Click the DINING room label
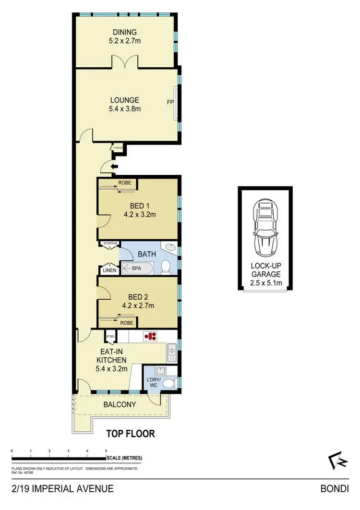click(x=124, y=32)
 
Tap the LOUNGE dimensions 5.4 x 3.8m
click(x=124, y=109)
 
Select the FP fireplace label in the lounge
click(x=170, y=103)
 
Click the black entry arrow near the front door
click(x=113, y=167)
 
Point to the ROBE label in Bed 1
click(x=127, y=182)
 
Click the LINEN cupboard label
click(x=108, y=271)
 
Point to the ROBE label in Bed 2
click(x=127, y=323)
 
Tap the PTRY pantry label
click(x=111, y=337)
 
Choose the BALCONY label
click(x=120, y=404)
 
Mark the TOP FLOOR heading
click(x=131, y=434)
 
